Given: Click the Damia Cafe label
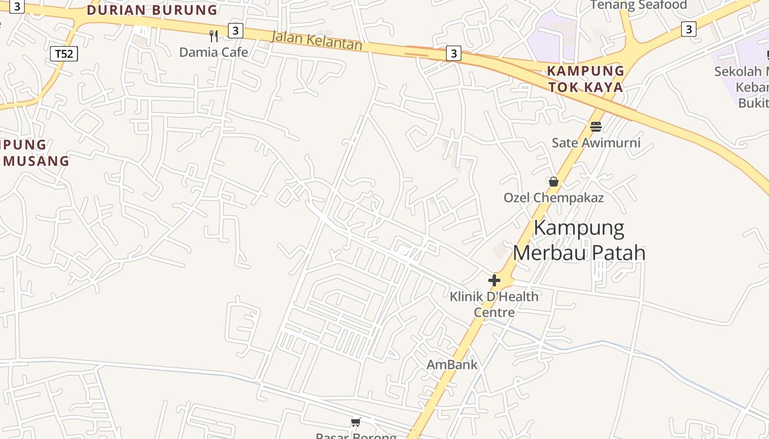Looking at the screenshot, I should coord(214,52).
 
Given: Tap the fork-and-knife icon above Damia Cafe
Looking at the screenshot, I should coord(214,36).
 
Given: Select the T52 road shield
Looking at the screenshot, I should coord(64,54).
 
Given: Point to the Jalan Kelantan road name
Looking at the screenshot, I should coord(317,40).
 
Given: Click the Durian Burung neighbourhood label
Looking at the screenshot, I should coord(152,10).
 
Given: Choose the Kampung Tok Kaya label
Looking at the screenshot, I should coord(586,79).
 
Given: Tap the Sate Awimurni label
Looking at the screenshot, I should coord(596,143).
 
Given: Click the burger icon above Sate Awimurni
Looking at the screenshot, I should coord(596,127).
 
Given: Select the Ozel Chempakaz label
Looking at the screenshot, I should coord(554,198).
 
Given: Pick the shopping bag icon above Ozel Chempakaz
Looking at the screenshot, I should coord(554,181).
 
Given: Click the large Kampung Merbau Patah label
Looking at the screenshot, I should coord(579,240).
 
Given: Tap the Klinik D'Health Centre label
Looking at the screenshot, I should coord(494,304).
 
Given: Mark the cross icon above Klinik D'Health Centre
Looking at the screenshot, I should coord(494,280).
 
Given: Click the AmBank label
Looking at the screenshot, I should coord(452,364).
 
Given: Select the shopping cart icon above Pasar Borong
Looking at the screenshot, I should coord(356,422).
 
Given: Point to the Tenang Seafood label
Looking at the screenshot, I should coord(639,5).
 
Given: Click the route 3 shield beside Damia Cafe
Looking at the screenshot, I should coord(235,30).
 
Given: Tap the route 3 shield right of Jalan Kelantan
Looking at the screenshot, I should coord(453,53).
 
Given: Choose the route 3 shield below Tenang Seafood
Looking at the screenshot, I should coord(689,29).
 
